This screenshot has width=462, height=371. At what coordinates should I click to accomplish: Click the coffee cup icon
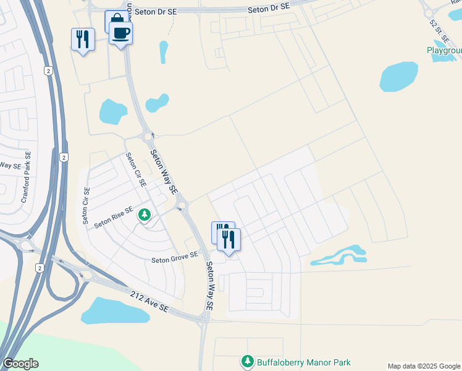tap(121, 32)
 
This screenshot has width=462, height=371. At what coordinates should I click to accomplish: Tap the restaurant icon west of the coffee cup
tap(82, 40)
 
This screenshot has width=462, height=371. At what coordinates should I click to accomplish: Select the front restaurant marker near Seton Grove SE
tap(229, 239)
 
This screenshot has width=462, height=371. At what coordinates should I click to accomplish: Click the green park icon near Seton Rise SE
tap(145, 215)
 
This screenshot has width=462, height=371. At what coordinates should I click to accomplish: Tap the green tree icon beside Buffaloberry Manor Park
tap(247, 361)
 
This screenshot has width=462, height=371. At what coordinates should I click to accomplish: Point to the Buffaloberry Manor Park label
tap(303, 362)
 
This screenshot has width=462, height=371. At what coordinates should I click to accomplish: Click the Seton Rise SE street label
tap(114, 218)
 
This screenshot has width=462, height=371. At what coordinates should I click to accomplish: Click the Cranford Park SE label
tap(26, 177)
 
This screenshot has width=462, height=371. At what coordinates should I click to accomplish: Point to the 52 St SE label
tap(439, 31)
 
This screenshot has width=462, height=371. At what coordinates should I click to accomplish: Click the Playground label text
tap(444, 50)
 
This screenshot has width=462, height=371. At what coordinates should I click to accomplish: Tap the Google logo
tap(20, 364)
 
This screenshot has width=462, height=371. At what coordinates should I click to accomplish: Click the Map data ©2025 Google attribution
tap(424, 365)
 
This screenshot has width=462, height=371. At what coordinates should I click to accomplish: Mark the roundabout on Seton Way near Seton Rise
tap(182, 205)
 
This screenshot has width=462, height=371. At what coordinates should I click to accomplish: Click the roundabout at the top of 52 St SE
tap(427, 12)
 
